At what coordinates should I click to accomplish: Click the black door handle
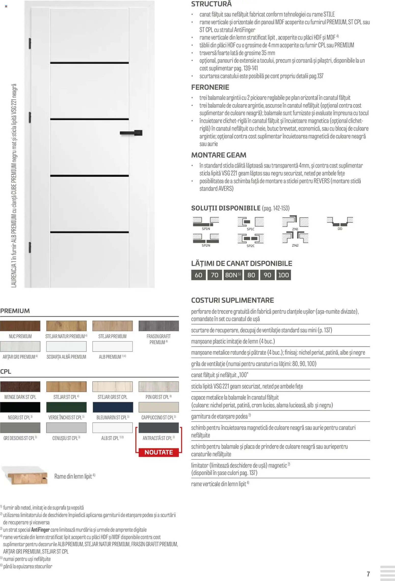tap(131, 133)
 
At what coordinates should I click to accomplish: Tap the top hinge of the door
tap(30, 44)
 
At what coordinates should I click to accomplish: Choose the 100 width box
tap(283, 275)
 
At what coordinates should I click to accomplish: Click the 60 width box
tap(198, 275)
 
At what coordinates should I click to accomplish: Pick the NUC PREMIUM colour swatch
tap(20, 326)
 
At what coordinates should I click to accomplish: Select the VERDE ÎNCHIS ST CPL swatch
tap(66, 407)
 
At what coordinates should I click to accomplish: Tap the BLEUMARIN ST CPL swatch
tap(112, 407)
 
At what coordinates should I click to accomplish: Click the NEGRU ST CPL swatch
tap(20, 407)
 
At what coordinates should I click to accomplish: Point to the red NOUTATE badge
tap(159, 452)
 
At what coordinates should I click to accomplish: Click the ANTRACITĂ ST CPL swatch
tap(159, 428)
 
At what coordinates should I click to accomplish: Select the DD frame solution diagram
tap(340, 222)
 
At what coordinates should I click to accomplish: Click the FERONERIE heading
tap(210, 87)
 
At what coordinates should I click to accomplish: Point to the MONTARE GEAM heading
tap(219, 155)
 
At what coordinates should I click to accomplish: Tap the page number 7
tap(368, 574)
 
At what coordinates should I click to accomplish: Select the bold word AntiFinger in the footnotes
tap(40, 530)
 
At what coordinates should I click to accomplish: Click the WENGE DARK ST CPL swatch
tap(20, 386)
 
